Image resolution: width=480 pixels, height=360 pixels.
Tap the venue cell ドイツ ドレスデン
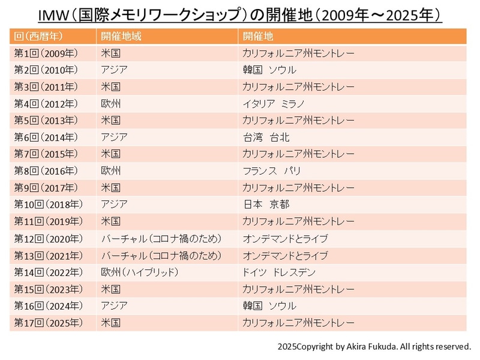pyautogui.click(x=279, y=272)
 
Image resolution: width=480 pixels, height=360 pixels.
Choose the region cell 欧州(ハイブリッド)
pyautogui.click(x=140, y=272)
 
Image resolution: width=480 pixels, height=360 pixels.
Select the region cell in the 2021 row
pyautogui.click(x=161, y=256)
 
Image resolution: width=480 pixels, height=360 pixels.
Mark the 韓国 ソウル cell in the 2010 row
pyautogui.click(x=269, y=70)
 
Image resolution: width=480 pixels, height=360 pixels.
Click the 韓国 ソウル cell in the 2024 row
pyautogui.click(x=269, y=306)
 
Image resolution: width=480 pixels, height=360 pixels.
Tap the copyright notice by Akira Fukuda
pyautogui.click(x=374, y=347)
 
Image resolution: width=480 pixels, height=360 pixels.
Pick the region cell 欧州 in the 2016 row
pyautogui.click(x=111, y=171)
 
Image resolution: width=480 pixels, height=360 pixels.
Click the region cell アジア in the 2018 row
pyautogui.click(x=114, y=205)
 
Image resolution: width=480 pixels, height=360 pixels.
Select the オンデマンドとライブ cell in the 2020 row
pyautogui.click(x=285, y=239)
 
